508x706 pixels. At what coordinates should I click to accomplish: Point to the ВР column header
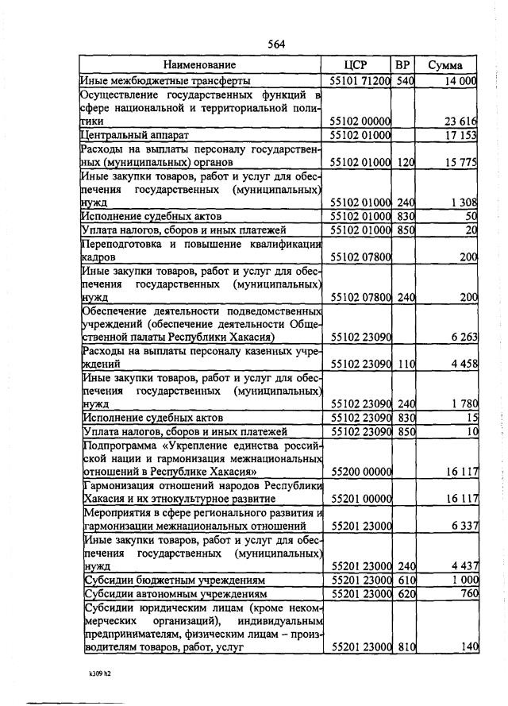(x=403, y=65)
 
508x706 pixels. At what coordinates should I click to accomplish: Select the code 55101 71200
(x=360, y=81)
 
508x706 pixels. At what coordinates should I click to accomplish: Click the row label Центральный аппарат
(x=134, y=136)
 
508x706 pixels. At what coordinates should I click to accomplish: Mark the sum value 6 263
(x=461, y=337)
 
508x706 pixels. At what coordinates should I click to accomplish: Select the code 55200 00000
(x=360, y=472)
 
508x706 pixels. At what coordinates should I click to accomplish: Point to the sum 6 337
(x=461, y=526)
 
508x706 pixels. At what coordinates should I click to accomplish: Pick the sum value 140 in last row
(x=468, y=647)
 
